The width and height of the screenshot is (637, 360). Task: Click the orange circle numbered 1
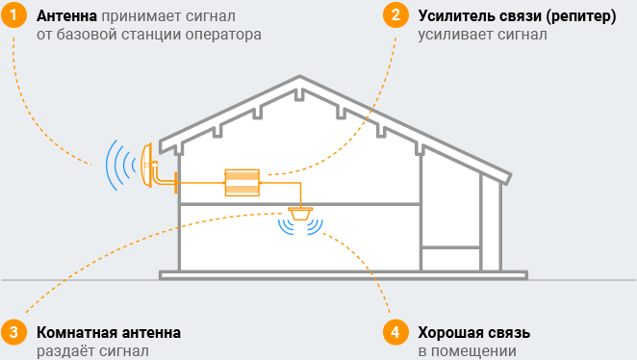pos(12,16)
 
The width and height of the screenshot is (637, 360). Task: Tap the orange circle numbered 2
pos(395,16)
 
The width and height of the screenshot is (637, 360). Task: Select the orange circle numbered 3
pos(12,332)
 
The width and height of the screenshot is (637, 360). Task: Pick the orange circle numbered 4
pos(395,332)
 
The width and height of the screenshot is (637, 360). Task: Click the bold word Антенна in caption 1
pos(67,17)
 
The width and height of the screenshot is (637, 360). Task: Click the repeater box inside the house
pos(242,183)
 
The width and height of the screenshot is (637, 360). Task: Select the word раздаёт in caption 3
pos(65,351)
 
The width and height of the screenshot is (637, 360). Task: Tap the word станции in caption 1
pos(146,35)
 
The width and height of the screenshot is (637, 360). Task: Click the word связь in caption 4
pos(509,333)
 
